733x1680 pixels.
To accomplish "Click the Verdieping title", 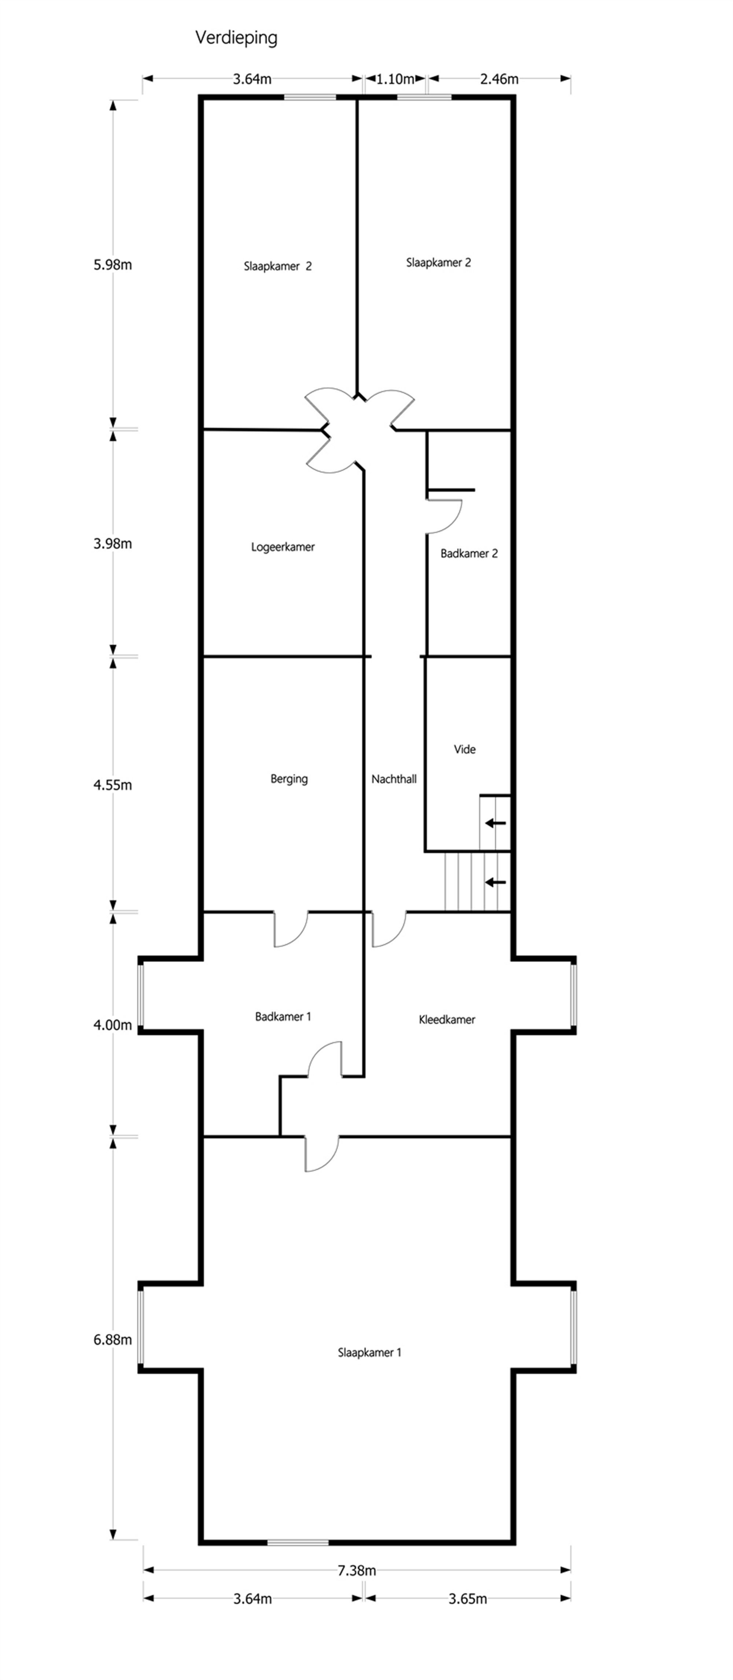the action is [236, 38].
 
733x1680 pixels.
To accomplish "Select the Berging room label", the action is [289, 779].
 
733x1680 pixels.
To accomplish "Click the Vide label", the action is [464, 749].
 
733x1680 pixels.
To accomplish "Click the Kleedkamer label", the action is [447, 1019].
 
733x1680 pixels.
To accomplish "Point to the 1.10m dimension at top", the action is [395, 80].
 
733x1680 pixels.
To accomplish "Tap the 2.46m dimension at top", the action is [499, 80].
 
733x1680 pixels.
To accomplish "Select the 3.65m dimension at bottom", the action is [468, 1599].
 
